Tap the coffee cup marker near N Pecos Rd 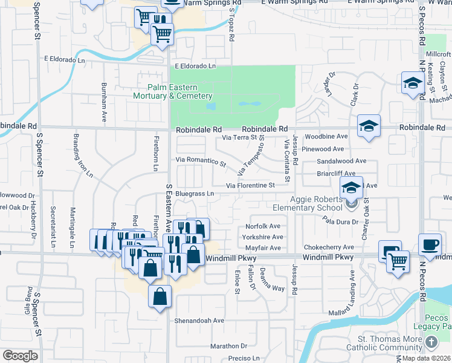point(430,244)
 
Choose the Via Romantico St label point(201,161)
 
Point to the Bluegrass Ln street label point(195,194)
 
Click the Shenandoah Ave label point(199,321)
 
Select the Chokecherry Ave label point(329,247)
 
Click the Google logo point(20,356)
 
